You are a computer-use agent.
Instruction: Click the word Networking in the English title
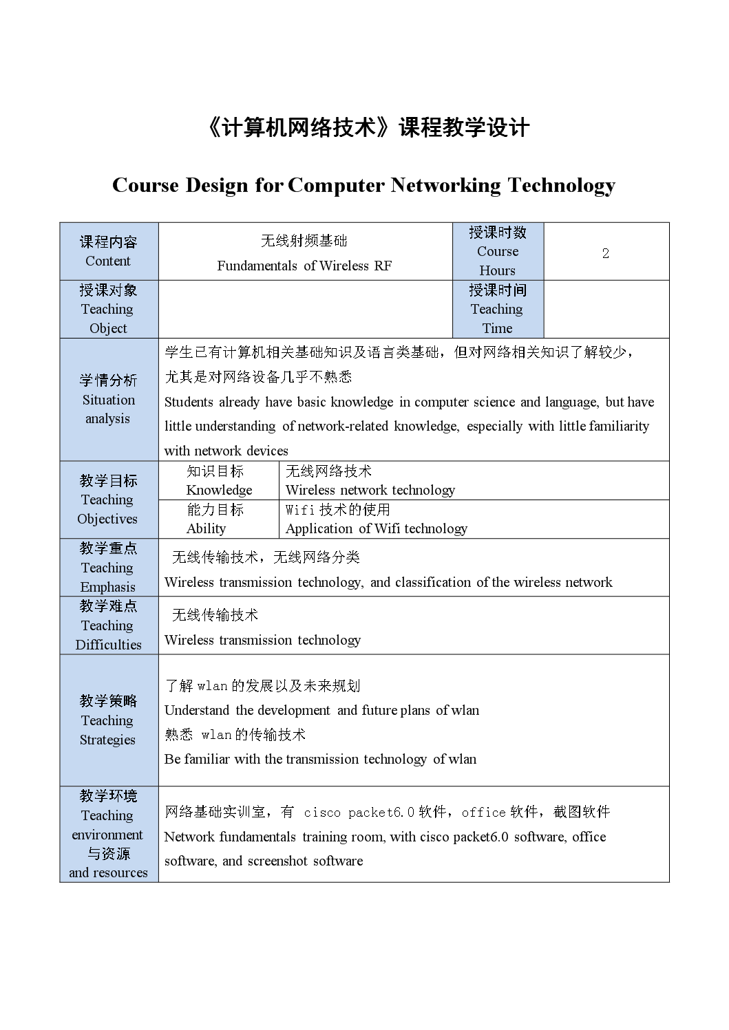click(445, 186)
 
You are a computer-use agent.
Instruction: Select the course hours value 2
click(606, 253)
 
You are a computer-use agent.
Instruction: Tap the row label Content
click(108, 261)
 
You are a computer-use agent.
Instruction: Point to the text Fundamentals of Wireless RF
click(304, 266)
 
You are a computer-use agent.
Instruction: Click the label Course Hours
click(498, 261)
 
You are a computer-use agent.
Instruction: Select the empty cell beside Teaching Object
click(305, 309)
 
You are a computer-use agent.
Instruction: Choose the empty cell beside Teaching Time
click(606, 309)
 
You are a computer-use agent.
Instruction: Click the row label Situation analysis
click(108, 409)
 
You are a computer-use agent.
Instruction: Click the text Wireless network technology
click(370, 490)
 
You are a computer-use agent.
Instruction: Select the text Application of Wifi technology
click(377, 528)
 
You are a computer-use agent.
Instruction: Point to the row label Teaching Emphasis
click(108, 577)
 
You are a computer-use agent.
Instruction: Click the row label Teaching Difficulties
click(108, 635)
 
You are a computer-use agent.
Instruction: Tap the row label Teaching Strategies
click(108, 730)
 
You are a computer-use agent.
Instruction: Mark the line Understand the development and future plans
click(321, 711)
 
